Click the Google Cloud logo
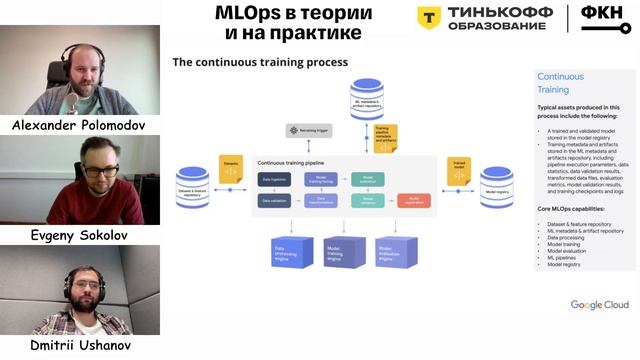[x=600, y=304]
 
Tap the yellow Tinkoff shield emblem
[x=430, y=18]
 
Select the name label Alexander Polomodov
[x=80, y=125]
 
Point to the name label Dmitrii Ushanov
[x=80, y=345]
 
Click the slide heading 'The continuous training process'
[x=260, y=62]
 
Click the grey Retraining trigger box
[x=308, y=130]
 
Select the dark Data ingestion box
[x=274, y=179]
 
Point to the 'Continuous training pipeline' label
[x=298, y=161]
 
